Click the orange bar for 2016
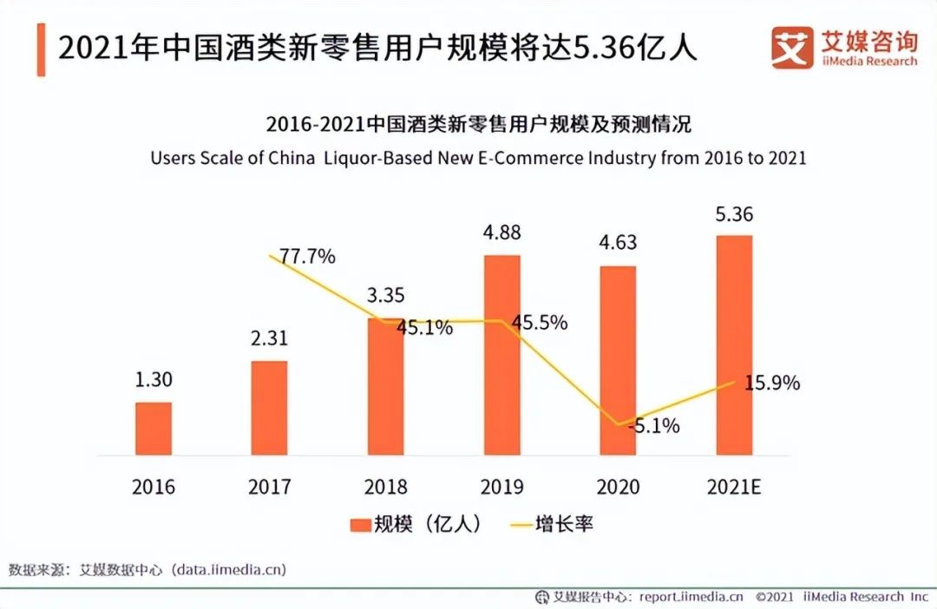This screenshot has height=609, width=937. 154,429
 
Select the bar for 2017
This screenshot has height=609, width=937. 269,408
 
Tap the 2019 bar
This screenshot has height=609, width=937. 502,355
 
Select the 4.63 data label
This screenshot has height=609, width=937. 617,243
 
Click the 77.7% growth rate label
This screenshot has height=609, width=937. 305,258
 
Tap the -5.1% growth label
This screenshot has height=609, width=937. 652,426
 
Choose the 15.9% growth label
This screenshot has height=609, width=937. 771,383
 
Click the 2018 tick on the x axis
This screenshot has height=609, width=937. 385,487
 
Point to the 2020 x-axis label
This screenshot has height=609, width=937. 618,487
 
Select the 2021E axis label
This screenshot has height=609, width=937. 734,487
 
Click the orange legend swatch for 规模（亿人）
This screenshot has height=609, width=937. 359,525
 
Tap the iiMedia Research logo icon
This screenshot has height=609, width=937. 792,48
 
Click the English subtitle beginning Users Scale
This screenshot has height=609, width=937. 478,159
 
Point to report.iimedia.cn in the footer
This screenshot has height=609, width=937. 691,597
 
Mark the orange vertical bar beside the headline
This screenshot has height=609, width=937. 41,49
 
